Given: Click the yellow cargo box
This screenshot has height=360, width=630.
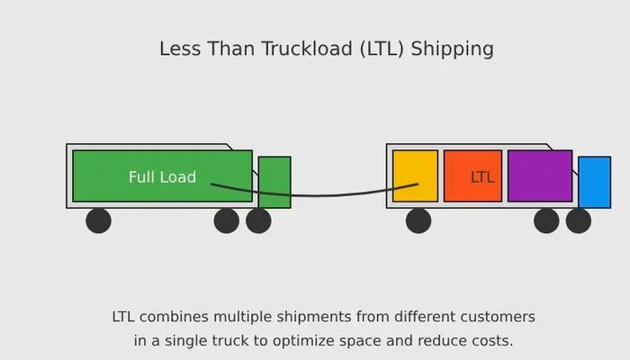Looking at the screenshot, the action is pyautogui.click(x=415, y=176).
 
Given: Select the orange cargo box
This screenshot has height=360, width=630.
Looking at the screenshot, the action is pyautogui.click(x=472, y=176).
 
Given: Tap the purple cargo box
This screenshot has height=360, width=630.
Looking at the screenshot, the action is pyautogui.click(x=540, y=176).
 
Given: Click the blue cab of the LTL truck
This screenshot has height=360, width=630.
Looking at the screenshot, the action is pyautogui.click(x=595, y=183).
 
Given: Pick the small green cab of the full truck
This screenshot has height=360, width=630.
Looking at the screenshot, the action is pyautogui.click(x=274, y=183).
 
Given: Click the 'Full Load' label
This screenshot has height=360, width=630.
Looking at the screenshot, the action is pyautogui.click(x=162, y=177).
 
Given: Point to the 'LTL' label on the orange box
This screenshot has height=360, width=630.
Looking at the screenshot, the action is pyautogui.click(x=482, y=177).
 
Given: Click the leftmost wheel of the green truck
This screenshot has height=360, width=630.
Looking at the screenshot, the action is pyautogui.click(x=98, y=220).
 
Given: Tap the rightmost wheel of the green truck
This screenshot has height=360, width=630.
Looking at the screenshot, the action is pyautogui.click(x=258, y=220).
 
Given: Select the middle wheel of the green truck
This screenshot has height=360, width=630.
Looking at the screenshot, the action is pyautogui.click(x=227, y=220).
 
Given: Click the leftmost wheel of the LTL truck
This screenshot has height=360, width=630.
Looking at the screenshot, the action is pyautogui.click(x=418, y=220).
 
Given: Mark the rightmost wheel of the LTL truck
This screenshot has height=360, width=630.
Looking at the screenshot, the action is pyautogui.click(x=578, y=220).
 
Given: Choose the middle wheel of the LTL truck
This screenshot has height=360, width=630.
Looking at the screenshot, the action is pyautogui.click(x=546, y=220).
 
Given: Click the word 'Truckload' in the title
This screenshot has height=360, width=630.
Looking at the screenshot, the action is pyautogui.click(x=307, y=49).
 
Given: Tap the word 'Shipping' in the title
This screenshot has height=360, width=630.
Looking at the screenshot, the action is pyautogui.click(x=452, y=49).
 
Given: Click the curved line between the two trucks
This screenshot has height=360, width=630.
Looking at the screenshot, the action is pyautogui.click(x=314, y=195).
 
